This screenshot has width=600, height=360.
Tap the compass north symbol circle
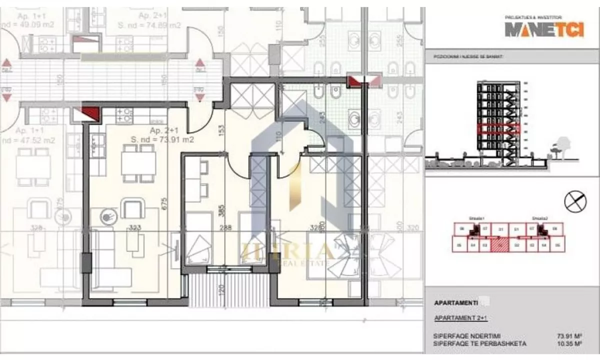pos(575,202)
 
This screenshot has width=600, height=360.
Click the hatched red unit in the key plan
pos(497,245)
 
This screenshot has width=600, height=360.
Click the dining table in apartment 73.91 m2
pos(138,162)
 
